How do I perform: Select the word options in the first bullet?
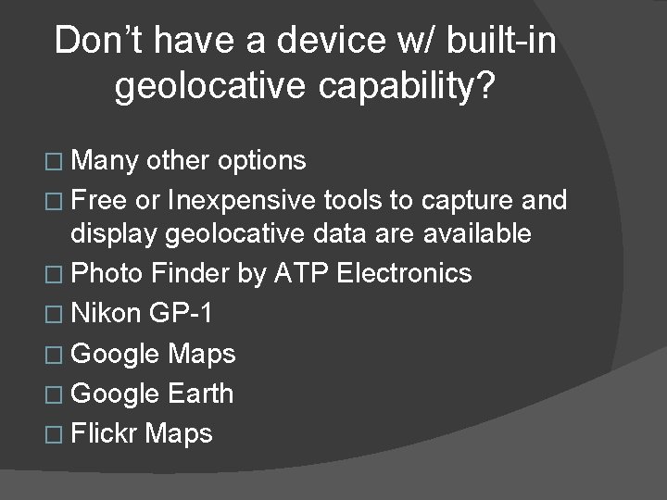click(x=262, y=160)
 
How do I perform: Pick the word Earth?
click(x=201, y=394)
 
